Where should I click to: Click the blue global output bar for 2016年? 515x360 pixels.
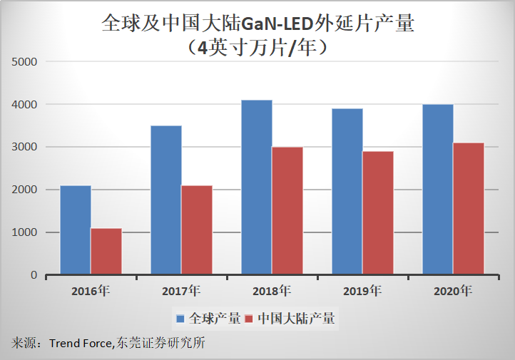click(75, 230)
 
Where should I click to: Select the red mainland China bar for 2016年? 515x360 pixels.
click(106, 251)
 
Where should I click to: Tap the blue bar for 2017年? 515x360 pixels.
click(165, 200)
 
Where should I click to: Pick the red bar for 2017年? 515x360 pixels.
click(197, 230)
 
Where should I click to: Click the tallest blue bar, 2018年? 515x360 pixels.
click(256, 187)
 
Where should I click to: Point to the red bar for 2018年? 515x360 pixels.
click(287, 210)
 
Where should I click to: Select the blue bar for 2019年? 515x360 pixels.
click(347, 191)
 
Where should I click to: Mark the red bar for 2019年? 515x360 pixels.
click(378, 212)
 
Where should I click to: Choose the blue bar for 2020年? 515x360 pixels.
click(437, 189)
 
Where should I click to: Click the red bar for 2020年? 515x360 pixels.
click(469, 208)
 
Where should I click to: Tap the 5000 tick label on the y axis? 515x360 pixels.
click(25, 62)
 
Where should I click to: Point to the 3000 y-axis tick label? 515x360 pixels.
click(25, 148)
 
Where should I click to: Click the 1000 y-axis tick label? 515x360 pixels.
click(25, 232)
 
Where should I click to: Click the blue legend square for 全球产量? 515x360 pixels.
click(181, 318)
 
